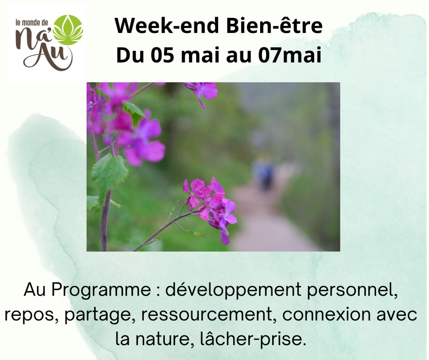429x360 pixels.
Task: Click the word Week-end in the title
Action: point(167,26)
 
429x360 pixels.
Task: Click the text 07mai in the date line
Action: point(290,55)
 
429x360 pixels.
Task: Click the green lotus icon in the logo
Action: point(68,30)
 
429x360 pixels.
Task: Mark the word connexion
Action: point(326,314)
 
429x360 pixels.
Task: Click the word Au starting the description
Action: point(35,290)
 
